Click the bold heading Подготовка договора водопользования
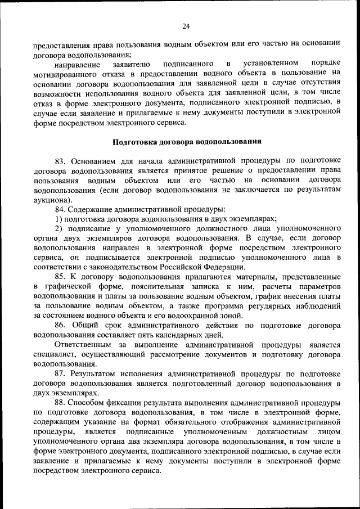(x=186, y=141)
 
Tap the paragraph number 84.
(x=61, y=209)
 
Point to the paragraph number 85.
(x=61, y=277)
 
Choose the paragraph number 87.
(x=61, y=373)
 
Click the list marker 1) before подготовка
(x=58, y=219)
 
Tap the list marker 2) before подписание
(x=58, y=228)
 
